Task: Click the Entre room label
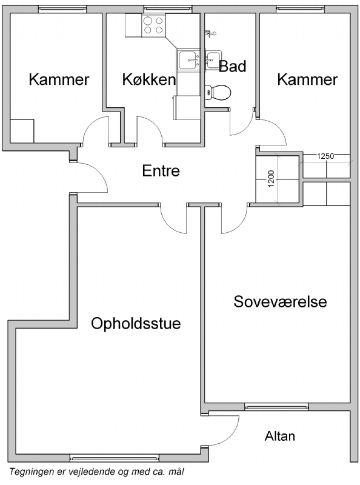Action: click(161, 171)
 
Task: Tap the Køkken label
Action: click(149, 79)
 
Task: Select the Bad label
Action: click(233, 66)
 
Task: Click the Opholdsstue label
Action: click(136, 324)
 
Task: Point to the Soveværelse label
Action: click(280, 301)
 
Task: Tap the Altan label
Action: click(280, 436)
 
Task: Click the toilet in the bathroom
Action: click(218, 92)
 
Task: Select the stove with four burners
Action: click(153, 25)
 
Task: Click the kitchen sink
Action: click(188, 59)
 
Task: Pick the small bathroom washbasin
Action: click(213, 59)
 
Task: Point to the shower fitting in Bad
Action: click(210, 33)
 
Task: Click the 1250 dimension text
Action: click(325, 156)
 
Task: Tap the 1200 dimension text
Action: click(272, 179)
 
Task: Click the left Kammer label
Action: click(59, 79)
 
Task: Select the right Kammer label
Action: click(307, 79)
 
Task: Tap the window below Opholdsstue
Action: click(115, 458)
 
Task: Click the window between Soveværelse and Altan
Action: click(276, 407)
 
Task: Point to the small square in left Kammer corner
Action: click(22, 131)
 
